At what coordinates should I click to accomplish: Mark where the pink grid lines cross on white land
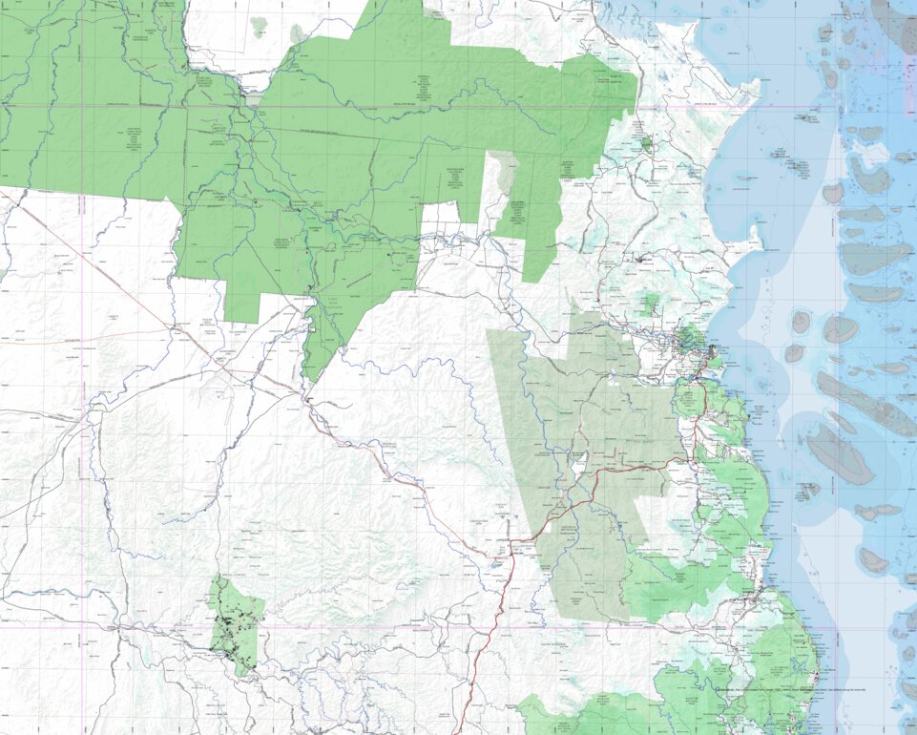click(x=84, y=627)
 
